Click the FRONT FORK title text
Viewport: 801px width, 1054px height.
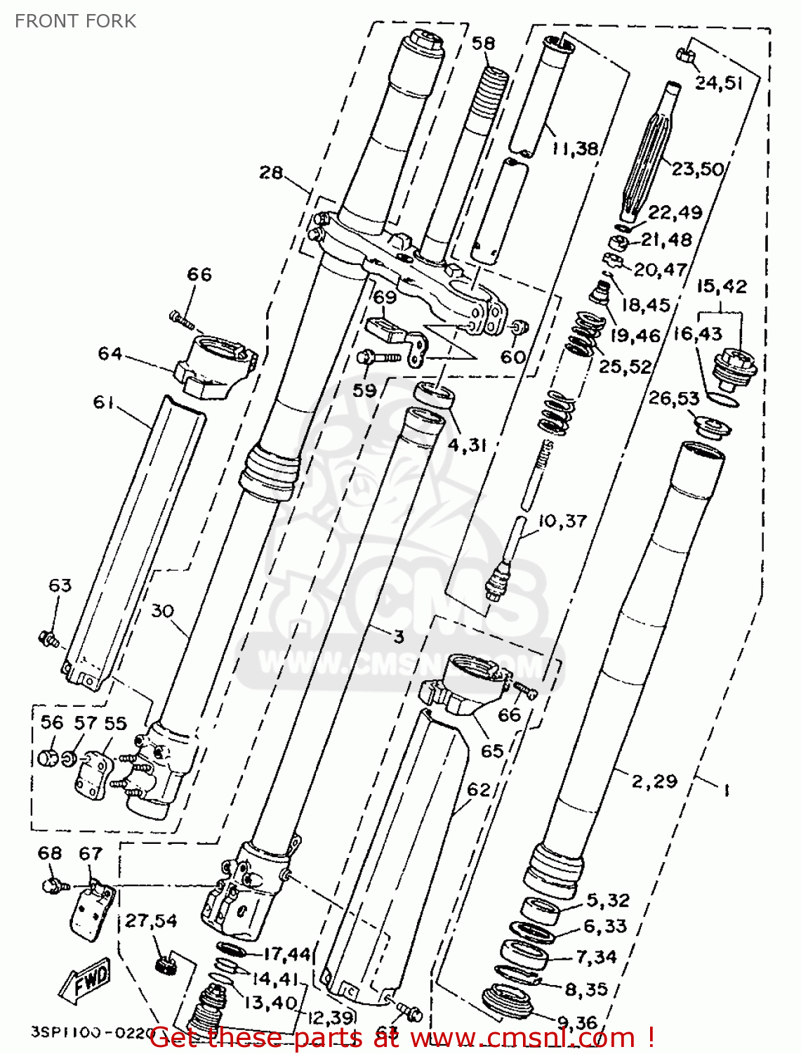tap(75, 21)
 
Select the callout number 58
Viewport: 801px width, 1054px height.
tap(483, 44)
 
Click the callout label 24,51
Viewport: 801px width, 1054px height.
tap(719, 83)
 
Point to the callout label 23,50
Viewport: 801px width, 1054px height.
tap(697, 169)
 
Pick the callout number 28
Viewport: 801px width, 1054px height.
tap(271, 172)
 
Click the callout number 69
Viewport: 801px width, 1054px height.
tap(385, 297)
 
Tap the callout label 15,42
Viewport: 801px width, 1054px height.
tap(722, 287)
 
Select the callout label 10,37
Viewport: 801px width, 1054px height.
tap(562, 521)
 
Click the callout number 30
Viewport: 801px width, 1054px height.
tap(162, 611)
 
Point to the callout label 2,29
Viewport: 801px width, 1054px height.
tap(654, 781)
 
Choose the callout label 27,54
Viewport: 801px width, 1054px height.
tap(151, 920)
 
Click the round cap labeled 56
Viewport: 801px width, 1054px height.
tap(48, 758)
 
